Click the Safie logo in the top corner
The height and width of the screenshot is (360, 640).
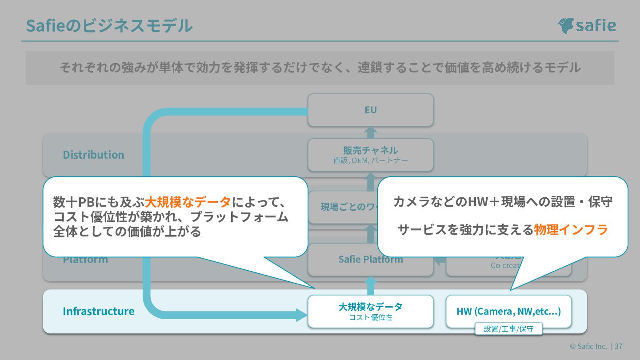tap(587, 25)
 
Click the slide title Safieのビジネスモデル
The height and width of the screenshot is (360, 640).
tap(109, 26)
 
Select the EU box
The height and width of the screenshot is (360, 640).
tap(370, 110)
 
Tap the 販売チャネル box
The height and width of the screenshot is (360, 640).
tap(370, 154)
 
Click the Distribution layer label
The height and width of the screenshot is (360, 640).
tap(93, 155)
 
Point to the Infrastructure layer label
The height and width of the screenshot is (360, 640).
tap(98, 311)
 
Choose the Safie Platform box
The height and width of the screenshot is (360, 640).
tap(370, 260)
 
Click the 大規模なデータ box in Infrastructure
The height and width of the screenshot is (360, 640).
tap(370, 311)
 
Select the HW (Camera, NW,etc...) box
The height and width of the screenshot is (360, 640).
tap(508, 311)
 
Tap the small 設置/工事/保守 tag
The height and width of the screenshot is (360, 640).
tap(508, 329)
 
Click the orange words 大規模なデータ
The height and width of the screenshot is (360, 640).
tap(188, 202)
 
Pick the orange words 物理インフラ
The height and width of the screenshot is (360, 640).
tap(571, 230)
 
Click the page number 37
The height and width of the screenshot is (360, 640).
tap(618, 346)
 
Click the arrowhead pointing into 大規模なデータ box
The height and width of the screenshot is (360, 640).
tap(301, 315)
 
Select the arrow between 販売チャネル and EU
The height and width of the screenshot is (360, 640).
tap(370, 132)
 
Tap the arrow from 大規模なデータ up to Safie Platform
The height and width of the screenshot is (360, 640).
tap(370, 286)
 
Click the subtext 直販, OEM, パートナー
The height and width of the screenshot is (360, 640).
tap(370, 160)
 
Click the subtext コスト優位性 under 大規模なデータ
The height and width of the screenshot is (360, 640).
tap(370, 317)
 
